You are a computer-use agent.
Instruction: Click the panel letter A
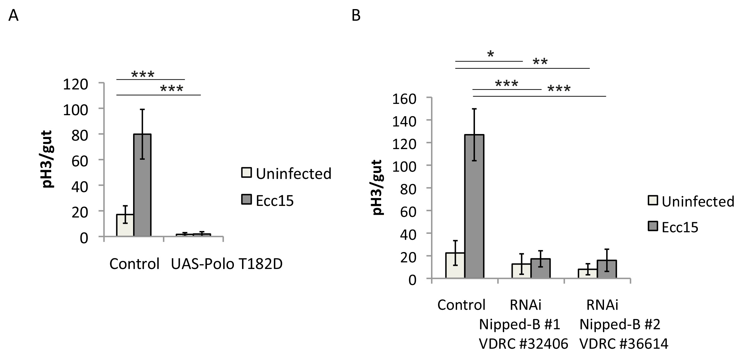click(x=13, y=15)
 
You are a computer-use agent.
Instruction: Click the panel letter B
click(x=356, y=15)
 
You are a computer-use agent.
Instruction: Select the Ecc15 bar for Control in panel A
click(x=142, y=185)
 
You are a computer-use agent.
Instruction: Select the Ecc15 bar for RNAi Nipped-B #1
click(x=540, y=268)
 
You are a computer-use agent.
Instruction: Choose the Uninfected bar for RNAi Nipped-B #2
click(x=587, y=273)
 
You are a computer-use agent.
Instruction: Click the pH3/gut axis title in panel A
click(x=47, y=159)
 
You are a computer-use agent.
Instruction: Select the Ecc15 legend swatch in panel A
click(x=246, y=199)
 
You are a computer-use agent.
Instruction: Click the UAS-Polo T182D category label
click(x=227, y=264)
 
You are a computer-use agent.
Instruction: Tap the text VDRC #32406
click(x=523, y=344)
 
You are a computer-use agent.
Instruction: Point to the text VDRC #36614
click(x=624, y=344)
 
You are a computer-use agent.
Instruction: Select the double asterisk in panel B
click(x=540, y=62)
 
